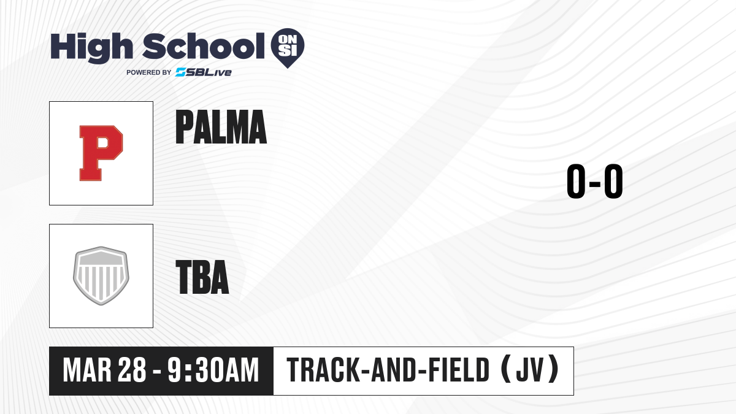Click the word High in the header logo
click(x=91, y=48)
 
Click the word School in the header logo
click(x=204, y=46)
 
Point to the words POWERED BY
click(x=149, y=72)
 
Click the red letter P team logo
click(x=101, y=153)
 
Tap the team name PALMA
click(x=221, y=127)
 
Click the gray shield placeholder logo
click(x=101, y=276)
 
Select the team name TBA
click(x=202, y=277)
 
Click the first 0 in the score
click(x=576, y=181)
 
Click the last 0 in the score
click(x=613, y=181)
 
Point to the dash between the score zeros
click(x=595, y=183)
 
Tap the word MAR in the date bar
click(x=87, y=370)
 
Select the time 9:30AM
click(x=213, y=370)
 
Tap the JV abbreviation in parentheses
click(x=531, y=370)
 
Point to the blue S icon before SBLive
click(x=181, y=72)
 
